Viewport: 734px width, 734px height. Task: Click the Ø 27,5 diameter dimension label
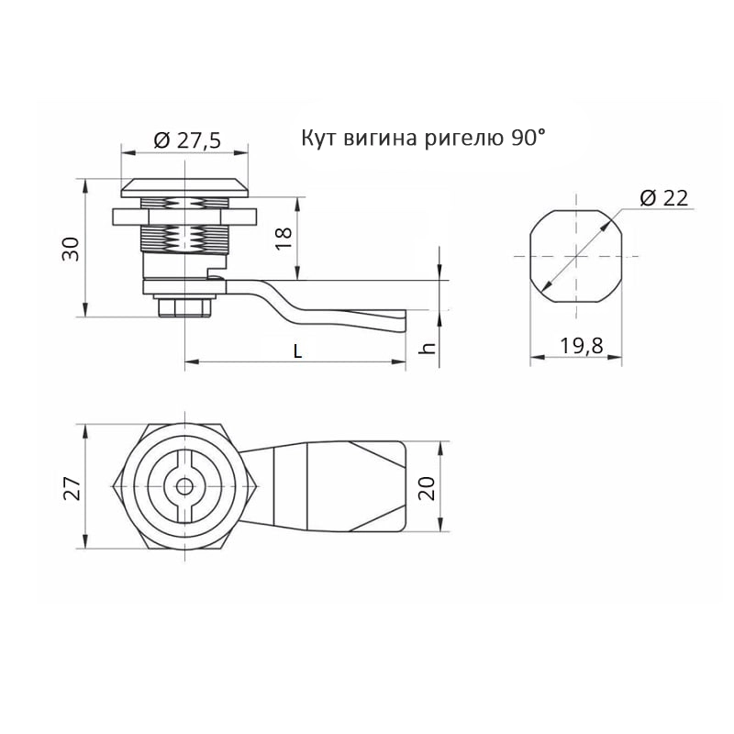point(187,140)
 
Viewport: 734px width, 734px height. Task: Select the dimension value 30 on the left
point(72,249)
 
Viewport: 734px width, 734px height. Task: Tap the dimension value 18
point(284,238)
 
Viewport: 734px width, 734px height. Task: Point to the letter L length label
point(297,350)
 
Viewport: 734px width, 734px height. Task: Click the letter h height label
point(428,348)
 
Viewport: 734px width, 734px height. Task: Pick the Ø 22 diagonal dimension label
point(663,198)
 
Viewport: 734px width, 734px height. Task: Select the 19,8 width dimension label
point(582,346)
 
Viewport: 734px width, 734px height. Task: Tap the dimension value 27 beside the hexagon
point(72,488)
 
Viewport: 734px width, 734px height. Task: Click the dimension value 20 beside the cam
point(427,488)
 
